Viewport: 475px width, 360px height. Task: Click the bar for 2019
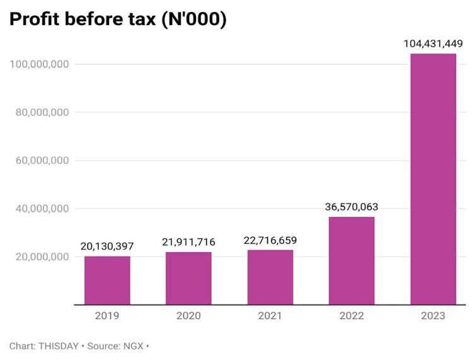[x=107, y=281]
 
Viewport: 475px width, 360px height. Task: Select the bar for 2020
[x=188, y=278]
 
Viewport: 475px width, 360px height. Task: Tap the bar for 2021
[x=270, y=277]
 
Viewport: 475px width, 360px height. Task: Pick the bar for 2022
[x=352, y=260]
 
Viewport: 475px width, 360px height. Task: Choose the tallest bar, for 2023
[x=433, y=179]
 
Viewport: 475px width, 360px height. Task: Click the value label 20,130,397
[x=107, y=246]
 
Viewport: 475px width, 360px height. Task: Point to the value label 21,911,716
[x=188, y=242]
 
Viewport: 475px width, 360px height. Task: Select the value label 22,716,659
[x=270, y=240]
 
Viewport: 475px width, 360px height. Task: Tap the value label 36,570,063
[x=352, y=207]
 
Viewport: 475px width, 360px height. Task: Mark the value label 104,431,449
[x=433, y=44]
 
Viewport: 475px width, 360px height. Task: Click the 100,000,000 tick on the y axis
[x=40, y=64]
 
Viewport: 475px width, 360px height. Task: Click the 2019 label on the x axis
[x=107, y=316]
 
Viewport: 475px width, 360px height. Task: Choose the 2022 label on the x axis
[x=352, y=316]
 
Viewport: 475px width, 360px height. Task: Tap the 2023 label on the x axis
[x=433, y=316]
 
